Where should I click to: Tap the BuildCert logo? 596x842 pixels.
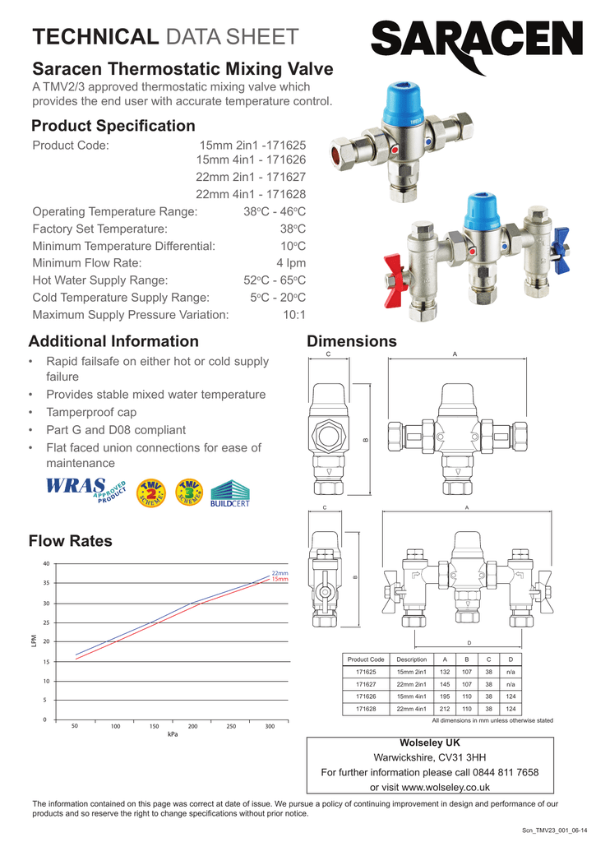230,493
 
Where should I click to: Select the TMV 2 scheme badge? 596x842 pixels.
150,492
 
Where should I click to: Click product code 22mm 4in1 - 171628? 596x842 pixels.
250,194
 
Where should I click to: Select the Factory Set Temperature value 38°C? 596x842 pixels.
293,229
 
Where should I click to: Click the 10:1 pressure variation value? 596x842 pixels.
293,315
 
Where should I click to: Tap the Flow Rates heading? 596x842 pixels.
70,541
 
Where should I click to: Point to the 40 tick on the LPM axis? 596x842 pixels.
46,563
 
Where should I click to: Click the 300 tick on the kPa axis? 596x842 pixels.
270,727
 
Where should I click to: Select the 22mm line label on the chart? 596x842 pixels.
280,573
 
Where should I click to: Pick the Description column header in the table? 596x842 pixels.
411,659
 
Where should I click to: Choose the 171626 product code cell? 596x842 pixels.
366,696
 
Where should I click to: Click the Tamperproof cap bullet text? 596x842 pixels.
91,412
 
